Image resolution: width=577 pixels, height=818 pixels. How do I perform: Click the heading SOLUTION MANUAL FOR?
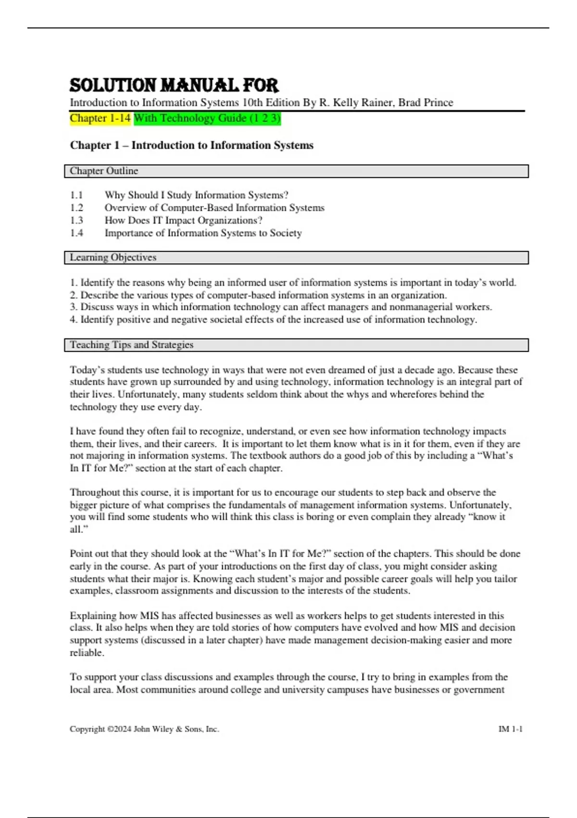pyautogui.click(x=174, y=86)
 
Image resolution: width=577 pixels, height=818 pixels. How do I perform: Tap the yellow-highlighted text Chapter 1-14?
pyautogui.click(x=100, y=118)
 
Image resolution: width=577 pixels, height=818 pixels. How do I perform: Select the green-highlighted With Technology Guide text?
pyautogui.click(x=207, y=118)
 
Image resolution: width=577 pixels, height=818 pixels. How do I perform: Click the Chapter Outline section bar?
pyautogui.click(x=296, y=171)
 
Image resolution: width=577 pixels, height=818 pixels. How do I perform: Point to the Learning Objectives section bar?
pyautogui.click(x=296, y=257)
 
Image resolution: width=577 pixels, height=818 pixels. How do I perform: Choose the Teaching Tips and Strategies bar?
pyautogui.click(x=296, y=345)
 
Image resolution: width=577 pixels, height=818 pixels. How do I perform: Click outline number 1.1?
pyautogui.click(x=76, y=195)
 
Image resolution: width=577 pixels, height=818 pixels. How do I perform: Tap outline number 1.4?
pyautogui.click(x=76, y=233)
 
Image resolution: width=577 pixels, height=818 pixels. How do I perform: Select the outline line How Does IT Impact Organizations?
pyautogui.click(x=183, y=220)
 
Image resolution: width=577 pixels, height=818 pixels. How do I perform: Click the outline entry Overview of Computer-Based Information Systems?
pyautogui.click(x=214, y=208)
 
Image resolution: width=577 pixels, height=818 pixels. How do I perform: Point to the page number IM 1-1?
pyautogui.click(x=510, y=729)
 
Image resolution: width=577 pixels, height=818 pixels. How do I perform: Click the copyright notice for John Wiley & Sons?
pyautogui.click(x=144, y=729)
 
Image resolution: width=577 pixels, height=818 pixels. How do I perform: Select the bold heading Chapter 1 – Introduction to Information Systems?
pyautogui.click(x=191, y=145)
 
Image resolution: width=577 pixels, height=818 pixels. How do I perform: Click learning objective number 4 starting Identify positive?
pyautogui.click(x=273, y=320)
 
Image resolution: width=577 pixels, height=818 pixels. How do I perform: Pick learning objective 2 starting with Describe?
pyautogui.click(x=258, y=295)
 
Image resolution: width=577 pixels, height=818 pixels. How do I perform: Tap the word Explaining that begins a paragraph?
pyautogui.click(x=93, y=616)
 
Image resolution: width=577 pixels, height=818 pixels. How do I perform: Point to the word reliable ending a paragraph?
pyautogui.click(x=87, y=653)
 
